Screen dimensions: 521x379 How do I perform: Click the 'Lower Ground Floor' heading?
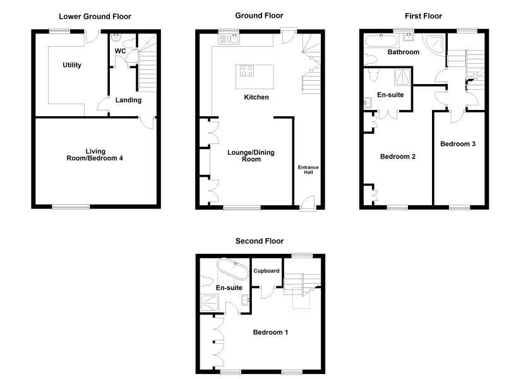[x=95, y=16]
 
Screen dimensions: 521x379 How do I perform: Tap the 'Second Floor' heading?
[x=260, y=241]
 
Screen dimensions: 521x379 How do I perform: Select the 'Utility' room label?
[x=72, y=65]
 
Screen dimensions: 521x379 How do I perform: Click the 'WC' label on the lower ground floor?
[x=120, y=51]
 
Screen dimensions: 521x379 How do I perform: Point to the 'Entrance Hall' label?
[x=308, y=169]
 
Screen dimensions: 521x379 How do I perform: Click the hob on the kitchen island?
[x=247, y=71]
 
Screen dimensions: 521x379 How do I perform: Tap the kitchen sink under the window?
[x=229, y=39]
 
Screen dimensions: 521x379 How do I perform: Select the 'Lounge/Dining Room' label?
[x=251, y=156]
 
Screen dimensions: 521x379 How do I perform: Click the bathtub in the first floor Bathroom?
[x=381, y=41]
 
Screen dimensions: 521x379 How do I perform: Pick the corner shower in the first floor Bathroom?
[x=434, y=43]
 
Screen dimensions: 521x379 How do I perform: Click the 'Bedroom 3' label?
[x=458, y=144]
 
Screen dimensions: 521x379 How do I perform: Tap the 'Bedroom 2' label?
[x=398, y=157]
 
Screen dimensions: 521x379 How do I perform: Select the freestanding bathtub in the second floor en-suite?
[x=232, y=269]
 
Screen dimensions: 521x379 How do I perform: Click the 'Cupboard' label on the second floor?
[x=266, y=271]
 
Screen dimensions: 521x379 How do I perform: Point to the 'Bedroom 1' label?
[x=270, y=332]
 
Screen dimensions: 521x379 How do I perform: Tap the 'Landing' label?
[x=128, y=100]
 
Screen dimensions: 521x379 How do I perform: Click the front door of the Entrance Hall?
[x=308, y=203]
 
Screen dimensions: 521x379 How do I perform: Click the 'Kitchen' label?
[x=256, y=97]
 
